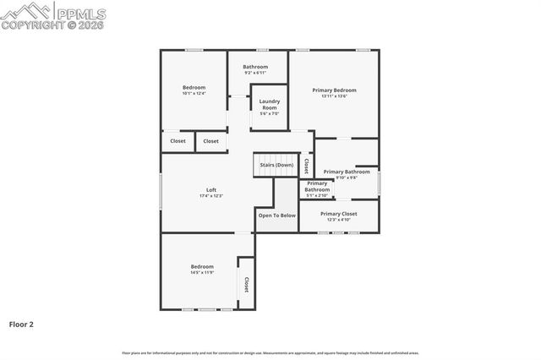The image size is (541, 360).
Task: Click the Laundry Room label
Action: [x=270, y=105]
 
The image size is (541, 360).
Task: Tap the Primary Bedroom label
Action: [x=334, y=90]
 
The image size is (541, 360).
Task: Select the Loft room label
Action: [x=211, y=189]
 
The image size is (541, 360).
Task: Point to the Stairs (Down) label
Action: [x=276, y=165]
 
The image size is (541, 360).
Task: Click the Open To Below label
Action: [x=277, y=215]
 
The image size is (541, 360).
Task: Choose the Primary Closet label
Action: [x=339, y=214]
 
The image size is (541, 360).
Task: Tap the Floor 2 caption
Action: [x=21, y=324]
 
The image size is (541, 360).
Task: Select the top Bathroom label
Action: [x=255, y=67]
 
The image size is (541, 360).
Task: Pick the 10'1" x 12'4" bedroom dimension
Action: [x=194, y=93]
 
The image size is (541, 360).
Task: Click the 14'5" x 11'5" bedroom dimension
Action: [x=202, y=272]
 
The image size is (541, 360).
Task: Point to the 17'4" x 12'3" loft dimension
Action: [x=211, y=196]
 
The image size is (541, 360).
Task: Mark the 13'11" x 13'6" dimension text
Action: [x=334, y=96]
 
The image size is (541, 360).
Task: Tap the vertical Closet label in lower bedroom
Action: [x=246, y=285]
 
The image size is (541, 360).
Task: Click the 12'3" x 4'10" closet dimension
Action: [x=339, y=220]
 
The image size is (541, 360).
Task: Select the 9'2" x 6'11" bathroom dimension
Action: [x=255, y=73]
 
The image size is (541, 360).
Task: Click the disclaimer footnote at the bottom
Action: [x=270, y=352]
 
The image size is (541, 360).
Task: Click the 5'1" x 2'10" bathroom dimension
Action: [x=317, y=195]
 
